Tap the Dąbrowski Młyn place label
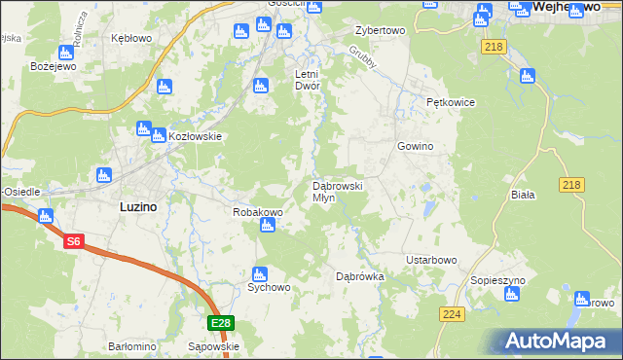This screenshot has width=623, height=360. pos(337,191)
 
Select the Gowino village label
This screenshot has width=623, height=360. pos(414,146)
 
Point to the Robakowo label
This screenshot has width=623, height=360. pos(257,211)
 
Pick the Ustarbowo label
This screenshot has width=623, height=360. pos(431,260)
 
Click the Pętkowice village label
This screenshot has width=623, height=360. pos(450,101)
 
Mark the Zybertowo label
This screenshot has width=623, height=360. pos(380,30)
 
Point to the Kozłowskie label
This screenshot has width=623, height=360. pos(197,136)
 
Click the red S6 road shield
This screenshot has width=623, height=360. pos(74,242)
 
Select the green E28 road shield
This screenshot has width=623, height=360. pos(221,323)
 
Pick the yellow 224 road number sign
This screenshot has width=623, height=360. pos(451,315)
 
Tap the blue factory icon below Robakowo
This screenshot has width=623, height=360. pos(269,228)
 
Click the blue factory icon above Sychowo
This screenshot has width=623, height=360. pos(260,274)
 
